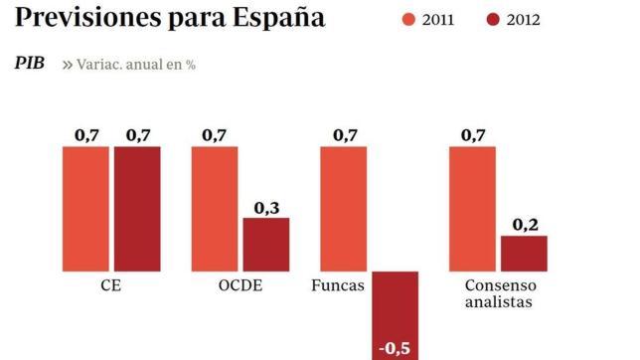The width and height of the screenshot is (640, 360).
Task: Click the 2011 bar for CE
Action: tap(85, 208)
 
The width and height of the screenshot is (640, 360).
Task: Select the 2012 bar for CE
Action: tap(137, 208)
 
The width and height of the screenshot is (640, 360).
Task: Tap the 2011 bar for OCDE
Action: tap(215, 208)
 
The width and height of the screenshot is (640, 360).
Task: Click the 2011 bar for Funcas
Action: tap(343, 208)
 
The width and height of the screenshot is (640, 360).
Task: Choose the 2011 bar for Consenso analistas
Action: tap(472, 208)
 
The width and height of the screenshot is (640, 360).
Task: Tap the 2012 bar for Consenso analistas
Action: tap(524, 254)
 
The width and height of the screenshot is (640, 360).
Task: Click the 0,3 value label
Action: tap(266, 207)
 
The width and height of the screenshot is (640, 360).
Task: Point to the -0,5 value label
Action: tap(395, 348)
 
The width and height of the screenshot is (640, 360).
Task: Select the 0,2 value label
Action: tap(525, 226)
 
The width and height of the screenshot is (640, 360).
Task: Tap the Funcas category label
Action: tap(338, 285)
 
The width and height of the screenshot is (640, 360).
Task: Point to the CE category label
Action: tap(112, 285)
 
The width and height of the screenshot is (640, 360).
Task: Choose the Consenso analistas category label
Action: tap(498, 293)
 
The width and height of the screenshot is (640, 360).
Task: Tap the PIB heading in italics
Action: tap(29, 63)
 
